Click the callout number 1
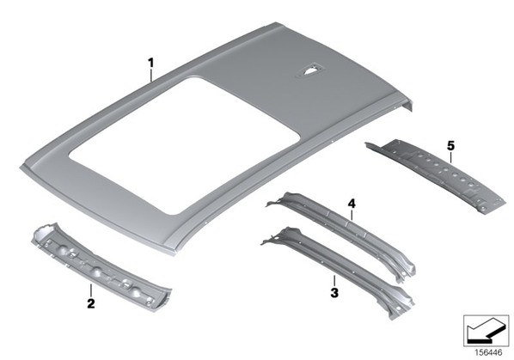pos(150,63)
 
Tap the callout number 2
pos(91,303)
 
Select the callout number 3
pos(334,292)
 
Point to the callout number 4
pos(351,204)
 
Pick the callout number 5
pos(450,146)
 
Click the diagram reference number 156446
pos(488,352)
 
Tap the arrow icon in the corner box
pos(486,331)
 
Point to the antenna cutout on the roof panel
pos(309,70)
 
